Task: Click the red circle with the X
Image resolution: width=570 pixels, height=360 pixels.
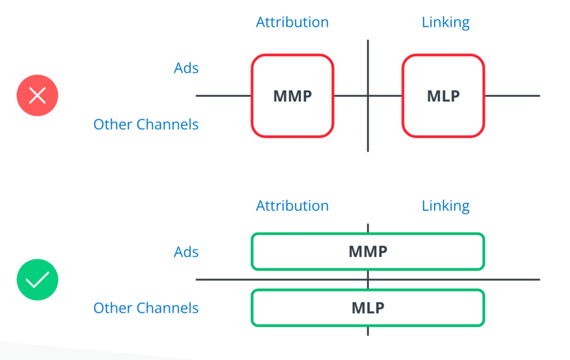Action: [37, 96]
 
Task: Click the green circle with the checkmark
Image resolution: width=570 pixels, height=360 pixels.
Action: [37, 279]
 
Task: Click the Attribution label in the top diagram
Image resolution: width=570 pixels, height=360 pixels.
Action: [292, 22]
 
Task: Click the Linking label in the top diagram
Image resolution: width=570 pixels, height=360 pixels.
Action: [445, 22]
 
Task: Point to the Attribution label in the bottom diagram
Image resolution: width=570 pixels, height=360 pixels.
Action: [292, 206]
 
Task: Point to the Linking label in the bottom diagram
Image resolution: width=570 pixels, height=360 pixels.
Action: [445, 206]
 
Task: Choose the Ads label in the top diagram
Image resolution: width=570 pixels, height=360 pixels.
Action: [186, 68]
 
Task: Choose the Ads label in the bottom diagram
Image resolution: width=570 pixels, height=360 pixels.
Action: [186, 252]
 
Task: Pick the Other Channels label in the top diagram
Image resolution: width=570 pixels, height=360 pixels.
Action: [146, 124]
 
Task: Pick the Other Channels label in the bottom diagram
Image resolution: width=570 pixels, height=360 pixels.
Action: [146, 308]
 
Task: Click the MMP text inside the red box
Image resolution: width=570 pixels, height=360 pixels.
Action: [292, 96]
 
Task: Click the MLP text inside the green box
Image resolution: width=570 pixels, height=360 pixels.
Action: [368, 308]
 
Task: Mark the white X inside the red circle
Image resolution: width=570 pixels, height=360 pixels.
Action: [37, 96]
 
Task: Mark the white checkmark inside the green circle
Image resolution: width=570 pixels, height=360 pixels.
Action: [37, 280]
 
